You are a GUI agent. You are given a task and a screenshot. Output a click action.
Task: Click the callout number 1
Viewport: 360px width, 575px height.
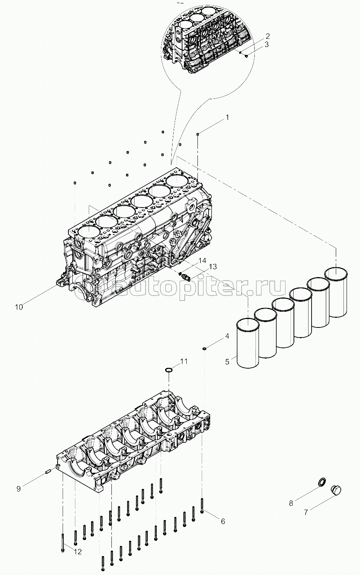[227, 117]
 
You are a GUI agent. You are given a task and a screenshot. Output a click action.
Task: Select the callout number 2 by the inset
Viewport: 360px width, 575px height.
[267, 36]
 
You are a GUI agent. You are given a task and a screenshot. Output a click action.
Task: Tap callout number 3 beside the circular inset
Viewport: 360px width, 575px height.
[266, 44]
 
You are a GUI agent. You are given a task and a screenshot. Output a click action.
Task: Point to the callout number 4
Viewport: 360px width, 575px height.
[227, 336]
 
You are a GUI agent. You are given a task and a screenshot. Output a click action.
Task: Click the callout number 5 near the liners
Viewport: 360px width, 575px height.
[227, 362]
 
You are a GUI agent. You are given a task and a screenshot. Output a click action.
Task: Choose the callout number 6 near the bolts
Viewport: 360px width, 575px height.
[222, 521]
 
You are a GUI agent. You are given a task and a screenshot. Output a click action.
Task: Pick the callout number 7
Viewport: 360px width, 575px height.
[306, 512]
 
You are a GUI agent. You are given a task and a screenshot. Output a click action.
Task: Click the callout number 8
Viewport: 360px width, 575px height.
[291, 503]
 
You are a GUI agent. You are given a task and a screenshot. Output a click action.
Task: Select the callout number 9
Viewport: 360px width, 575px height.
[18, 489]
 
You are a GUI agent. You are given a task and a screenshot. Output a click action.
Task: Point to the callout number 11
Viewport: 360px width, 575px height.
[184, 361]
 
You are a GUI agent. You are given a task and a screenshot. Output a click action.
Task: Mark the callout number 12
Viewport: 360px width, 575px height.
[78, 552]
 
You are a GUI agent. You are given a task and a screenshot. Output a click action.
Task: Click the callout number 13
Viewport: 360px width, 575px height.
[212, 267]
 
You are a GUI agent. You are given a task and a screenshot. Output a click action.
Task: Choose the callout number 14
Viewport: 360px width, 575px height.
[202, 260]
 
